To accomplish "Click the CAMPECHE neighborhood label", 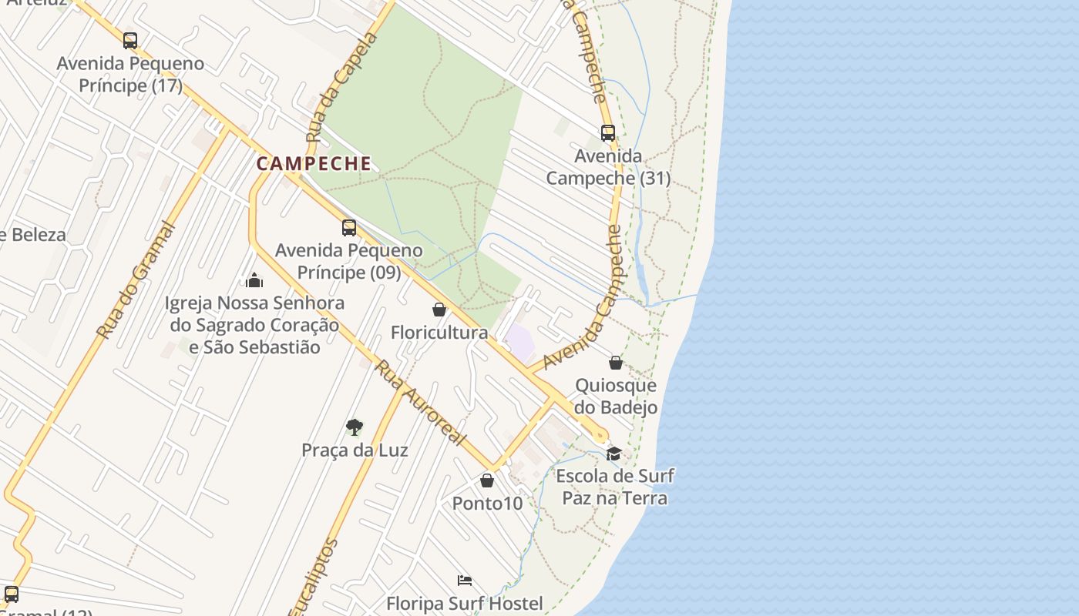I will tap(314, 164).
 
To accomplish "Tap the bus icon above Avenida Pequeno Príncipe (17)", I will tap(130, 41).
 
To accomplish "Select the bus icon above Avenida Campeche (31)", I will tap(608, 133).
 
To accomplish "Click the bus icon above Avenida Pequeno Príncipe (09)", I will tap(349, 228).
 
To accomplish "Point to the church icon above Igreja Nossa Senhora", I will tap(254, 280).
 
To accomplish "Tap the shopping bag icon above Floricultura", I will tap(439, 310).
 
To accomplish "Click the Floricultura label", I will tap(439, 333).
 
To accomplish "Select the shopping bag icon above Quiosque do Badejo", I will tap(616, 362).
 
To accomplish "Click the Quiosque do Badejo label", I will tap(616, 396).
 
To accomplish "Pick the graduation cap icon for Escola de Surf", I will tap(613, 454).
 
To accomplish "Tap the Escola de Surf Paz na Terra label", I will tap(615, 487).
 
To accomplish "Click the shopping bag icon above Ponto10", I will tap(487, 481).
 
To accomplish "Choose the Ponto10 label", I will tap(487, 504).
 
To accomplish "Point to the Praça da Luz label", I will tap(355, 450).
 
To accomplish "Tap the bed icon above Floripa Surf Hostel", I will tap(464, 580).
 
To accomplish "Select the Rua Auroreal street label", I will tap(421, 403).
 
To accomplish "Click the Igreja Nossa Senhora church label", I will tap(254, 325).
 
